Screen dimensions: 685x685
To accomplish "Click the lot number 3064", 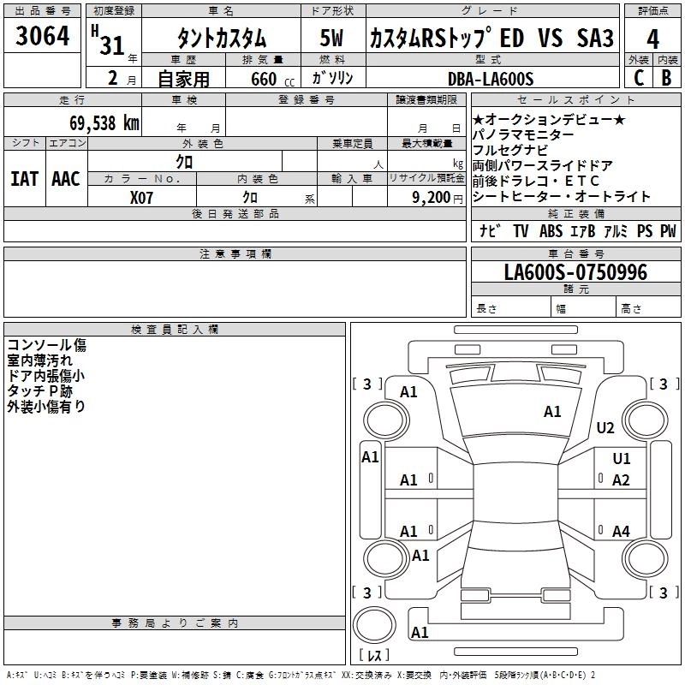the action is click(42, 38).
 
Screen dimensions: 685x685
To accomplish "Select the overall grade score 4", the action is click(652, 39).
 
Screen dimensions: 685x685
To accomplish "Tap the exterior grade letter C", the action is click(638, 77).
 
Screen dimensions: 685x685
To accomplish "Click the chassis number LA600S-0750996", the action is click(575, 273).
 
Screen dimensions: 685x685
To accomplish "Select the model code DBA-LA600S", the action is click(491, 79).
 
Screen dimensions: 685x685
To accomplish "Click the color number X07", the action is click(142, 197).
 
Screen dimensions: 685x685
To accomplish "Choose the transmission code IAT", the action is click(24, 179).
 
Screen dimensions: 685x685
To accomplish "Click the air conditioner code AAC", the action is click(65, 179).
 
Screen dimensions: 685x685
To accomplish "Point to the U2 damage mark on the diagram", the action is click(605, 427).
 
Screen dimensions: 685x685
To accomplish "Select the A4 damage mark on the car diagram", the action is click(621, 532).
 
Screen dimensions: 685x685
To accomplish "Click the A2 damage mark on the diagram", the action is click(621, 480).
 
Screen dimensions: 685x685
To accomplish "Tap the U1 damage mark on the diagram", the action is click(621, 459).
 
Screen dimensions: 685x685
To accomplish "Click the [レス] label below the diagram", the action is click(373, 656).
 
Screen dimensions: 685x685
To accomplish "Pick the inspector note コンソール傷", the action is click(46, 346).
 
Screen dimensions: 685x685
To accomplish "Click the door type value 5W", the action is click(333, 39).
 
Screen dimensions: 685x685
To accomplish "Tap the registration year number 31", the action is click(112, 45).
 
